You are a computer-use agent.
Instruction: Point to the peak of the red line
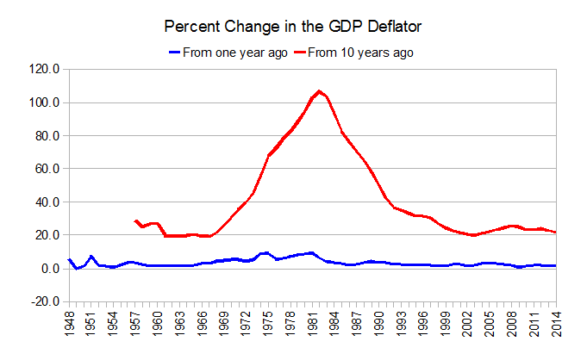pos(319,90)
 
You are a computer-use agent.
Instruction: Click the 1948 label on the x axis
pos(68,327)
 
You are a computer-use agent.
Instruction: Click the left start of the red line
pos(135,220)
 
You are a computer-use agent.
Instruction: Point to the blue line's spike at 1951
pos(91,257)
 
